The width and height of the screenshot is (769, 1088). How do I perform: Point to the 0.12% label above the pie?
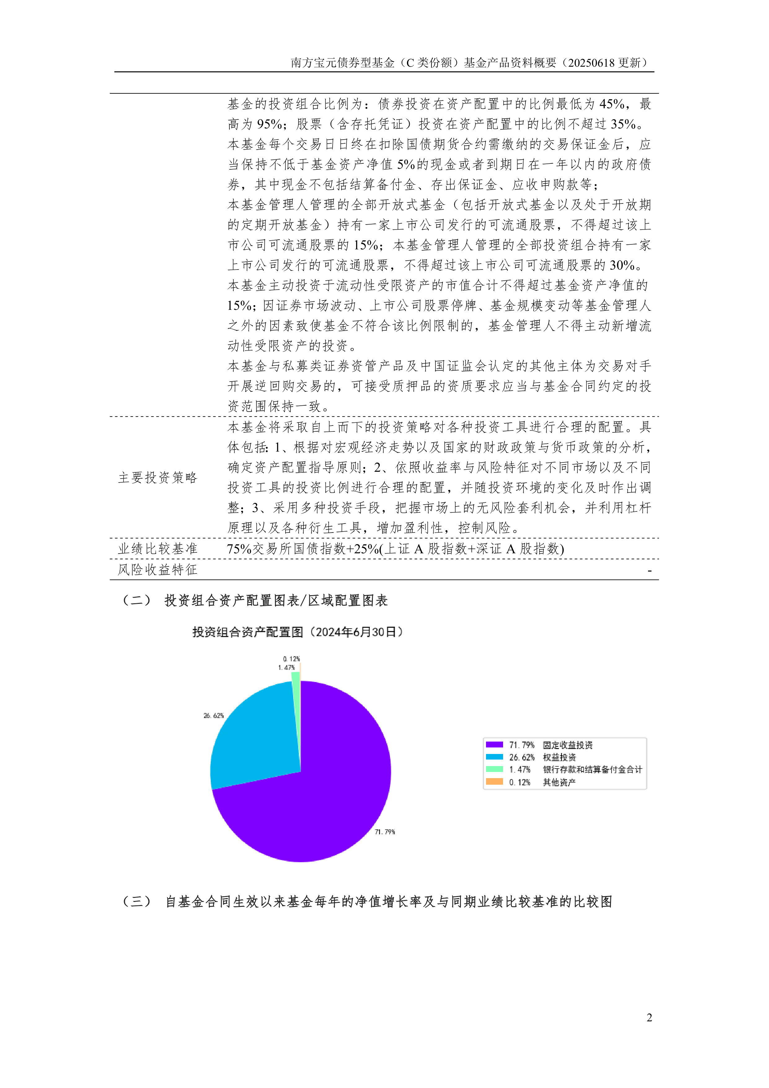pos(291,659)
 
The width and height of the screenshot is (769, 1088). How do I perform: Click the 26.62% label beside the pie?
pos(214,716)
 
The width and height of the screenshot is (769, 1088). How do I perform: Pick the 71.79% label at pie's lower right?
pos(384,832)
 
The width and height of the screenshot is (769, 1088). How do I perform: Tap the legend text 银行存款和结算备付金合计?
pos(592,769)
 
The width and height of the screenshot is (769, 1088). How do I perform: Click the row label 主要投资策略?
pos(158,478)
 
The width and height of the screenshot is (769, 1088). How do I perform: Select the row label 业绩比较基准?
pos(158,549)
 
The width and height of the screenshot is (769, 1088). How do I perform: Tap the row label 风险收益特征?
pos(158,570)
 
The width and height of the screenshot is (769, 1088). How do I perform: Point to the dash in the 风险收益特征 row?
pos(649,571)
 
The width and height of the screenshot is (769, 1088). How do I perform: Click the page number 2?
pos(649,1017)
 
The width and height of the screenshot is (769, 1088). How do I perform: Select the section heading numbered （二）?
pos(255,600)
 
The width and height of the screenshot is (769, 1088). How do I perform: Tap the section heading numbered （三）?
pos(367,901)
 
